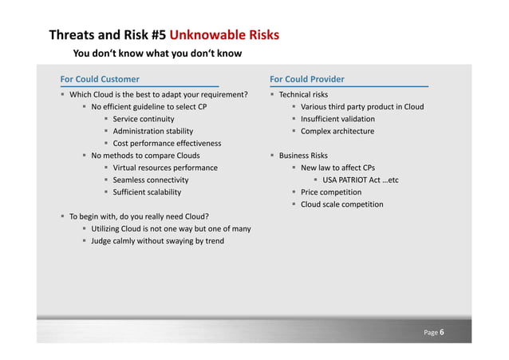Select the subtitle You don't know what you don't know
click(157, 54)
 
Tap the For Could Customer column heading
click(100, 79)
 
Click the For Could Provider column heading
click(307, 79)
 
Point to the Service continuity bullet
click(144, 119)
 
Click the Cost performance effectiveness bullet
click(167, 144)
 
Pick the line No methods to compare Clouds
click(145, 156)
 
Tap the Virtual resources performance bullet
click(165, 168)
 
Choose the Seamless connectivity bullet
click(151, 180)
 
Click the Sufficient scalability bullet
click(147, 192)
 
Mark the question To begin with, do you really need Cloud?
click(140, 216)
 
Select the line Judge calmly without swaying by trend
click(157, 241)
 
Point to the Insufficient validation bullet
click(337, 119)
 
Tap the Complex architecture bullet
click(337, 131)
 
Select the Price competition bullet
click(330, 192)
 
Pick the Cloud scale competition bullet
click(341, 204)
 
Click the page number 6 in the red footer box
click(442, 332)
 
